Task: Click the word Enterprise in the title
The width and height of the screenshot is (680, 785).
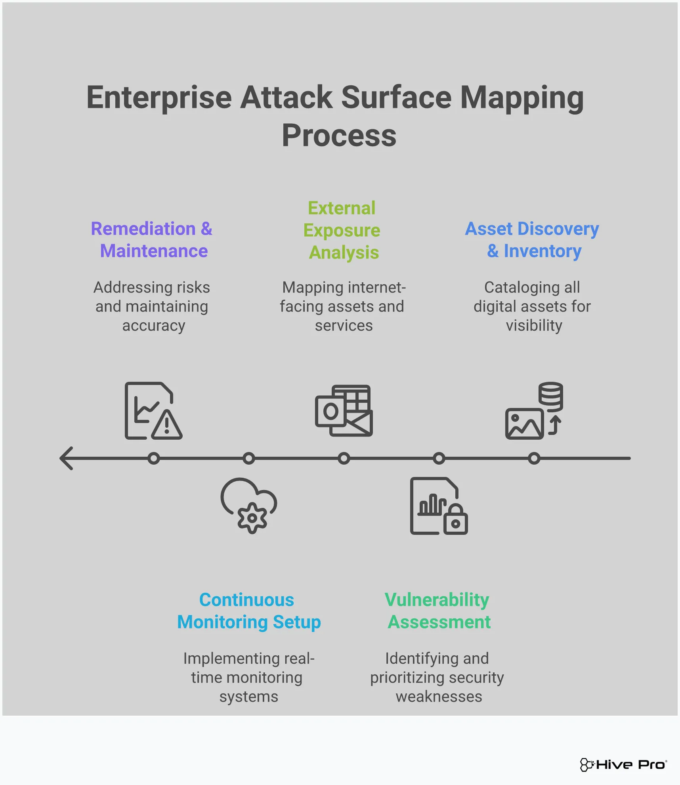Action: (x=159, y=98)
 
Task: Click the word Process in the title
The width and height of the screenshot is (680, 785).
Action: (x=339, y=136)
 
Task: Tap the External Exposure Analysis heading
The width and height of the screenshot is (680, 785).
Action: (x=342, y=230)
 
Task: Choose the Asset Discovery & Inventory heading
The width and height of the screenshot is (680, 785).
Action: (x=533, y=240)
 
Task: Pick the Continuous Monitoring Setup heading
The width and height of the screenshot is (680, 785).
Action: (x=248, y=611)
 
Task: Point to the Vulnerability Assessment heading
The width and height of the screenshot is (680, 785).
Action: (x=438, y=611)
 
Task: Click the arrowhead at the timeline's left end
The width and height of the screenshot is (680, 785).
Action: (x=67, y=458)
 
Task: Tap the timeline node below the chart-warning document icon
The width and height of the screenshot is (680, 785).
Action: (x=154, y=458)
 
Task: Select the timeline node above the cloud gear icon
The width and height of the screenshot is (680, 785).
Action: (x=249, y=458)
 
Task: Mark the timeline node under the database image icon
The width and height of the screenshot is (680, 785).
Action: (x=534, y=458)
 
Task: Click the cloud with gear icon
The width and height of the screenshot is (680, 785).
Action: (x=249, y=505)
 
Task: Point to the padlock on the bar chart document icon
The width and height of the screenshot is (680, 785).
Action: (x=456, y=520)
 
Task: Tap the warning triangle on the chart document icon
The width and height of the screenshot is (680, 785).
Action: (x=167, y=425)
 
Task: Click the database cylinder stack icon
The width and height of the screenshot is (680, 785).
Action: (x=550, y=396)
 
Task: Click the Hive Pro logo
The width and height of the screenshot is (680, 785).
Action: (x=623, y=764)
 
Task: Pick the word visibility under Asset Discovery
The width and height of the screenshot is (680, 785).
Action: (x=534, y=325)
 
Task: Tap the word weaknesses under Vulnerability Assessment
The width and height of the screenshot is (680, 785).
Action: (x=439, y=697)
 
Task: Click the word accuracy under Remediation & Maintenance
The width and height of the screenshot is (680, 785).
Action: (x=153, y=325)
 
